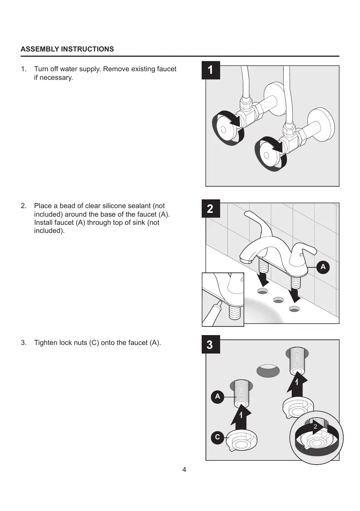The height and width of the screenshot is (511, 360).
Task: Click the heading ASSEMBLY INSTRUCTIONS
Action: click(67, 49)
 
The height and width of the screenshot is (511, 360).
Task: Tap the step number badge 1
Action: click(211, 70)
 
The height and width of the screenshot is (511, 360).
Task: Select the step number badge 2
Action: click(210, 209)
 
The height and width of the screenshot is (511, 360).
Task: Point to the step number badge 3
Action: click(210, 345)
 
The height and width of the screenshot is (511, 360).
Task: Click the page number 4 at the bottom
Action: click(184, 469)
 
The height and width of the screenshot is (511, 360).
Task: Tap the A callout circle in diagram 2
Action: click(323, 267)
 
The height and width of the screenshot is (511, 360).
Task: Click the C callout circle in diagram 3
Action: click(218, 438)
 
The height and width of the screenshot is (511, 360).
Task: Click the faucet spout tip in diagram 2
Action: click(245, 260)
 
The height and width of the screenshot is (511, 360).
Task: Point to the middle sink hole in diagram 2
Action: click(277, 300)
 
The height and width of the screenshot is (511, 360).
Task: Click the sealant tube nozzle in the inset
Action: click(219, 304)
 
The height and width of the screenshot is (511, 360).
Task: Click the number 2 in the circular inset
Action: click(315, 427)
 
